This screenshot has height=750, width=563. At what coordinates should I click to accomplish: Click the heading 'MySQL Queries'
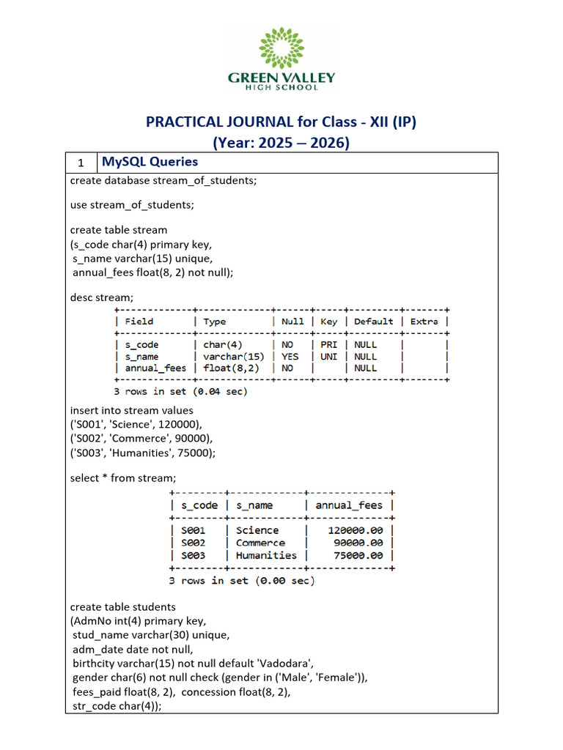point(150,162)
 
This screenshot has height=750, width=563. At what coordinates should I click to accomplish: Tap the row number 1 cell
point(81,163)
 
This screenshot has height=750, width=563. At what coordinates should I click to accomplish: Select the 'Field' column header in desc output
point(139,322)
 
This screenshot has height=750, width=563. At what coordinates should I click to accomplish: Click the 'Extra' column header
point(424,322)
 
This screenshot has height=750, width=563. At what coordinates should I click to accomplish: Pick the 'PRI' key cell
point(328,345)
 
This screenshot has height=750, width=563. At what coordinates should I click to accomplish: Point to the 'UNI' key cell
point(328,357)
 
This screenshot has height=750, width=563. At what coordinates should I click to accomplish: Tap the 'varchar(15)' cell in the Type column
point(231,357)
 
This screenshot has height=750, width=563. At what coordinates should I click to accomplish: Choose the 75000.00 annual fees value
point(358,555)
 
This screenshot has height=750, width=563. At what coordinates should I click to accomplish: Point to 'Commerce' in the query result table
point(260,543)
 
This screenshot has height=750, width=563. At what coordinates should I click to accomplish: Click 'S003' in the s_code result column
point(194,555)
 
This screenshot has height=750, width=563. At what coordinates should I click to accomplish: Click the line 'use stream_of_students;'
point(132,204)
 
